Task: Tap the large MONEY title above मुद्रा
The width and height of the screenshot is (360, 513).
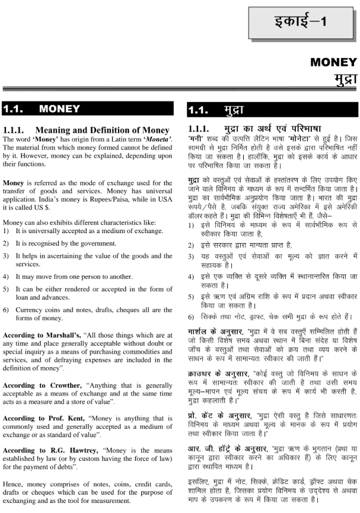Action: pyautogui.click(x=333, y=62)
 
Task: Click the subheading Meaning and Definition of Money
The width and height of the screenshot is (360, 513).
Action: pyautogui.click(x=94, y=130)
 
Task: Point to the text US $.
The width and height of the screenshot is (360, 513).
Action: pyautogui.click(x=35, y=192)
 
